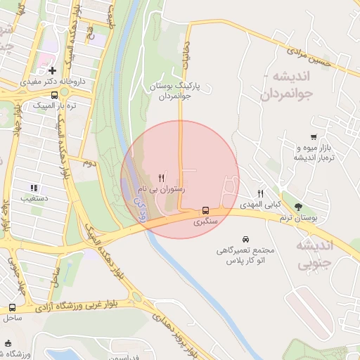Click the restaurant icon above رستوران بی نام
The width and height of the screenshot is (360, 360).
click(162, 178)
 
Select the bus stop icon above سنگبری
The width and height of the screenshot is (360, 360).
click(205, 210)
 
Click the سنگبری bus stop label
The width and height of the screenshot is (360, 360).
click(205, 221)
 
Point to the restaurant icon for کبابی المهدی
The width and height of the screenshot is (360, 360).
click(261, 193)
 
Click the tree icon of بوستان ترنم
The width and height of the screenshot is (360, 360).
click(299, 207)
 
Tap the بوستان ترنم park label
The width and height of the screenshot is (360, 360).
click(298, 218)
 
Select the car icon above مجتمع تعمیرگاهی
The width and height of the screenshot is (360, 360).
click(245, 239)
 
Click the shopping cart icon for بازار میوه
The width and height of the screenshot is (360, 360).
click(312, 137)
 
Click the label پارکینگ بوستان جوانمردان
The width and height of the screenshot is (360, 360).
click(175, 91)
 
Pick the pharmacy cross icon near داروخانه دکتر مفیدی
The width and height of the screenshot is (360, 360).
click(53, 70)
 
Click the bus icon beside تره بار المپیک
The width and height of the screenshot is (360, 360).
click(54, 94)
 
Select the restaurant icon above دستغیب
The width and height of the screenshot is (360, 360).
click(33, 187)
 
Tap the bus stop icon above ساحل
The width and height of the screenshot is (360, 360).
click(13, 307)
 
